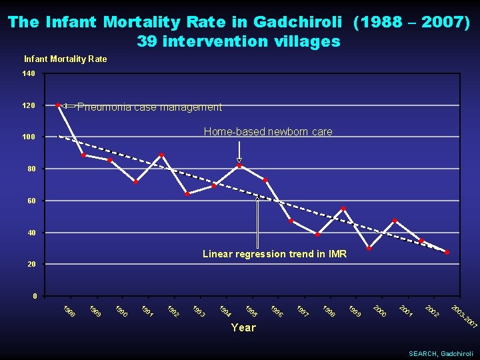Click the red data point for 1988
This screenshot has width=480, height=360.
[58, 105]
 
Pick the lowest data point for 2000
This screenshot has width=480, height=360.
[369, 248]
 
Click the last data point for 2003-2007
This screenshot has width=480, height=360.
[447, 252]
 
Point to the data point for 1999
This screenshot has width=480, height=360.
[343, 209]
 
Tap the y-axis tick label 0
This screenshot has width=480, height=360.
[35, 296]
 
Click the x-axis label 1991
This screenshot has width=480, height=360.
[147, 311]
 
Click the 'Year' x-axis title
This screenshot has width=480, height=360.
[243, 327]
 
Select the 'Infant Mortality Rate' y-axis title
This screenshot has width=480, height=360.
[65, 59]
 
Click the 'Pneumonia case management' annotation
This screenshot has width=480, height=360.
[149, 107]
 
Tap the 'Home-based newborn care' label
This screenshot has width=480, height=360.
[267, 132]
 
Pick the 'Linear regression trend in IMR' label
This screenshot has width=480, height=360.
[274, 254]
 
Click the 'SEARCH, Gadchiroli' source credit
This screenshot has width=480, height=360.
[441, 353]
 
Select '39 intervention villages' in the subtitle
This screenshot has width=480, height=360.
[239, 41]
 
